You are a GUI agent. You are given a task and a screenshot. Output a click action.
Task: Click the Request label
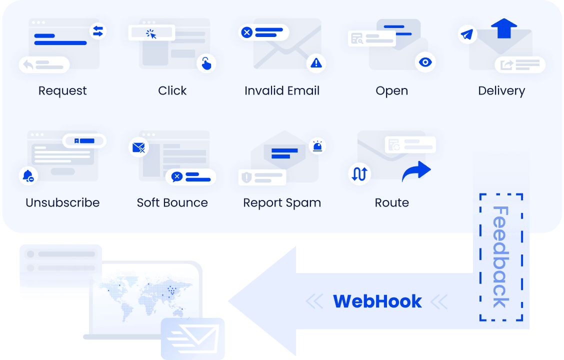[x=62, y=91]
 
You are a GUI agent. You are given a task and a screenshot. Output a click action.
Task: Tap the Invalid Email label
[x=282, y=90]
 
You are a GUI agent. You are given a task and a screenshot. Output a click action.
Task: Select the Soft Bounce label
[x=172, y=203]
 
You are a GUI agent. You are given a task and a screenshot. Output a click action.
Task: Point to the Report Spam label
[x=282, y=203]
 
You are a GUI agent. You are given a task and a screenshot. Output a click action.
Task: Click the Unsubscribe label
[x=62, y=203]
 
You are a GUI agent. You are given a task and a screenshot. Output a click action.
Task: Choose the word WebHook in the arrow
[x=377, y=301]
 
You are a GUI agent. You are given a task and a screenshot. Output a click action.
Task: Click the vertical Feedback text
[x=500, y=257]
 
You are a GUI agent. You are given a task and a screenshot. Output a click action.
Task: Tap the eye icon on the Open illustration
[x=425, y=62]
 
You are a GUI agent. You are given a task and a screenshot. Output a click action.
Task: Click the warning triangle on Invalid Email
[x=316, y=63]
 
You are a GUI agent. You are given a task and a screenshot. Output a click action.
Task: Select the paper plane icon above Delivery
[x=467, y=34]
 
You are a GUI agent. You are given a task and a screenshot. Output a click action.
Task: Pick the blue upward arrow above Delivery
[x=504, y=28]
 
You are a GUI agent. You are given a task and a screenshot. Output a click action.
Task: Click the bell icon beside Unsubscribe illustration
[x=28, y=176]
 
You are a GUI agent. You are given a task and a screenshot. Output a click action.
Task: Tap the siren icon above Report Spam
[x=317, y=146]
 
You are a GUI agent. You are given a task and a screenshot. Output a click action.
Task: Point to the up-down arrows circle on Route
[x=359, y=173]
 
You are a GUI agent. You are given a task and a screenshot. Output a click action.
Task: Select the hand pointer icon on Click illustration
[x=206, y=63]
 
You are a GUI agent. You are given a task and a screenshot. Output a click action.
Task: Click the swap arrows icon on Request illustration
[x=98, y=31]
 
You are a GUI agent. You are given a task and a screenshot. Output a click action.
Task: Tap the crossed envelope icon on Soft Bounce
[x=138, y=147]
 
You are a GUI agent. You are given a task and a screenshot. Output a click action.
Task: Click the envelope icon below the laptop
[x=193, y=338]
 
